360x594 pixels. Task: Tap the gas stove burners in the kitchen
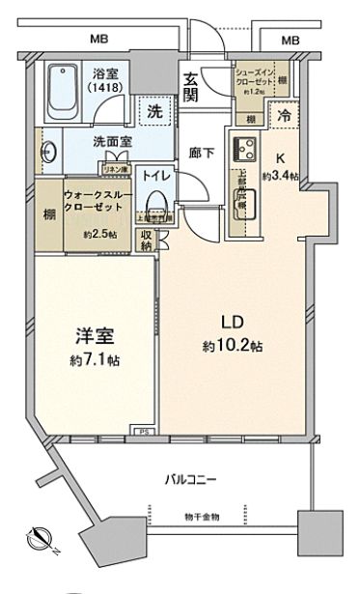[x=243, y=152]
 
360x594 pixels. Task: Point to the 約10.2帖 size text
[x=224, y=347]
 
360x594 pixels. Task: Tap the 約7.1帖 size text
[x=95, y=359]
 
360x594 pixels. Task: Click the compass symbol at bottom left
[x=41, y=535]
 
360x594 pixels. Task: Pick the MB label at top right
[x=289, y=41]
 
